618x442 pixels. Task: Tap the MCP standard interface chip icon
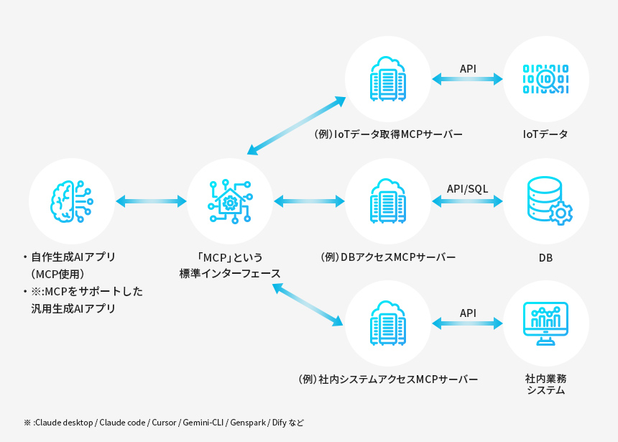pyautogui.click(x=230, y=201)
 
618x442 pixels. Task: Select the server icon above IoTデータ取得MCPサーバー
pyautogui.click(x=388, y=78)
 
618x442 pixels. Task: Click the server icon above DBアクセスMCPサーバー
pyautogui.click(x=388, y=201)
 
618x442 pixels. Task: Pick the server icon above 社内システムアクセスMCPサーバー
pyautogui.click(x=388, y=323)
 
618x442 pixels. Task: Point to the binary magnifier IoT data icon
pyautogui.click(x=546, y=78)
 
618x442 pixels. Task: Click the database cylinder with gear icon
pyautogui.click(x=548, y=201)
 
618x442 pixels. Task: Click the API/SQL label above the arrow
pyautogui.click(x=467, y=189)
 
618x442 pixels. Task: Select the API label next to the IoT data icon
pyautogui.click(x=468, y=68)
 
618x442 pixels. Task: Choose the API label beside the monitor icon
pyautogui.click(x=468, y=313)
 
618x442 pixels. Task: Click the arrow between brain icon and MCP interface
pyautogui.click(x=151, y=201)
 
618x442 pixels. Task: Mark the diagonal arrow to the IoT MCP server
pyautogui.click(x=296, y=126)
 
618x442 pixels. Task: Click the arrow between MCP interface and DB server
pyautogui.click(x=309, y=201)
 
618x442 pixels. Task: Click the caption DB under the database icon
pyautogui.click(x=546, y=257)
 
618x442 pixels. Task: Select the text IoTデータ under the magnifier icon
pyautogui.click(x=546, y=134)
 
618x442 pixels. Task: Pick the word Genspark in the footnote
pyautogui.click(x=248, y=423)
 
